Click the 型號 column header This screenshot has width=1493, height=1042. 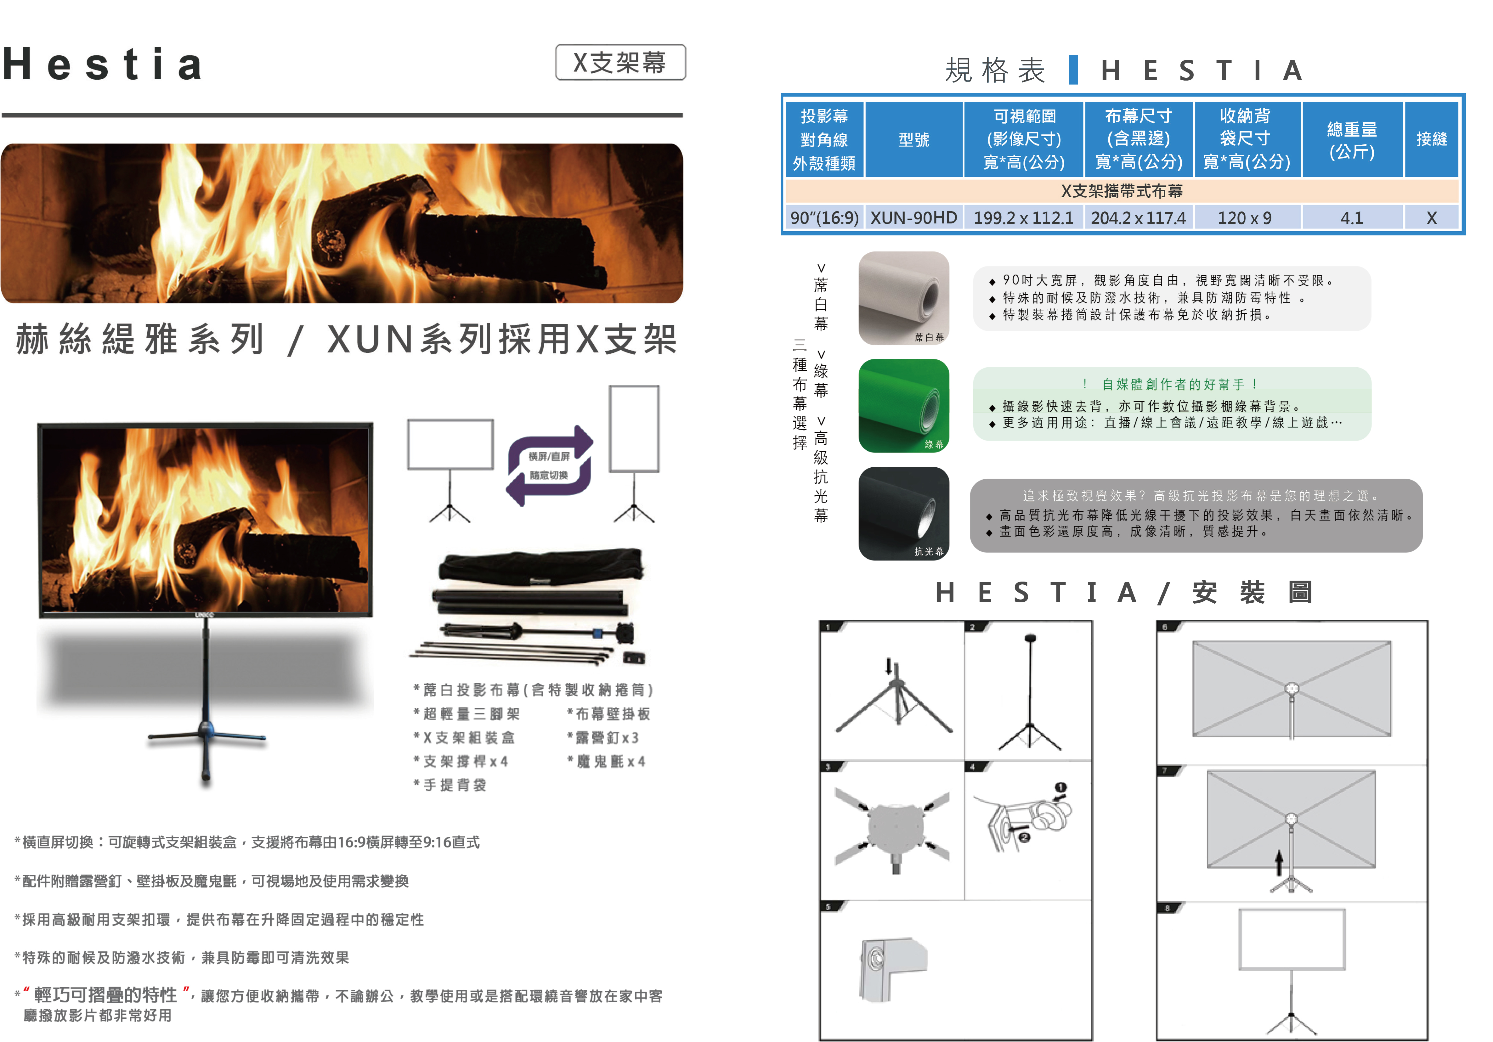[x=913, y=139]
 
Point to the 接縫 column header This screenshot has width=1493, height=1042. [x=1431, y=139]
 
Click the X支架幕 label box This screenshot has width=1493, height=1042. [x=620, y=62]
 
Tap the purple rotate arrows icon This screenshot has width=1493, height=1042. [x=550, y=465]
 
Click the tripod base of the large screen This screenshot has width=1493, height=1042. [x=206, y=738]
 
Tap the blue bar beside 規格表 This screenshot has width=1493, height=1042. [x=1073, y=70]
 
